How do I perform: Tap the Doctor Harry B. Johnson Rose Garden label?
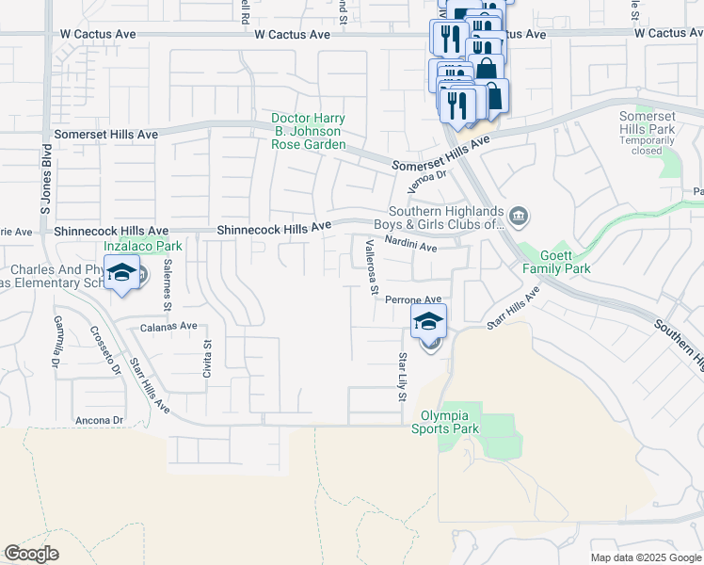tap(308, 132)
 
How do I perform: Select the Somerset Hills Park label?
tap(648, 122)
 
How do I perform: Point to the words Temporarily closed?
tap(648, 145)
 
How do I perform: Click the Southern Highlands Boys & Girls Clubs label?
tap(447, 218)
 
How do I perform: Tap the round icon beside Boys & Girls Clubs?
tap(520, 219)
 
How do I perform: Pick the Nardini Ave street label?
tap(414, 248)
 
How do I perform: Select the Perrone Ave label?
tap(413, 299)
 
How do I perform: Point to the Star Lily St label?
tap(402, 375)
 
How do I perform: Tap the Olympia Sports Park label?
tap(444, 422)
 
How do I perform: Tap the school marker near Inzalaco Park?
tap(121, 274)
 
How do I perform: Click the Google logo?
tap(31, 554)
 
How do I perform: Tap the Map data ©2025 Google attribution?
tap(645, 557)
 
